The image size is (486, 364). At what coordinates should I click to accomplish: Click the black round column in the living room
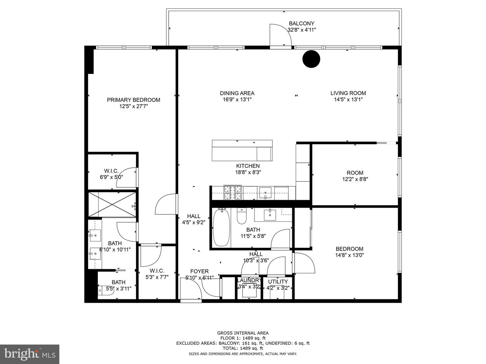point(311,59)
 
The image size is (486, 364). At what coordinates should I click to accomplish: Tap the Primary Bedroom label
point(133,100)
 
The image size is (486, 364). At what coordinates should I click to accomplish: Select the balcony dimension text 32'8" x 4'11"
point(301,30)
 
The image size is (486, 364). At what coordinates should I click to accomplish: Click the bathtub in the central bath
point(221,227)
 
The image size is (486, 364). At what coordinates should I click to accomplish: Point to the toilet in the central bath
point(242,216)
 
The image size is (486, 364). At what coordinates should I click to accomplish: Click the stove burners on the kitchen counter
point(233,193)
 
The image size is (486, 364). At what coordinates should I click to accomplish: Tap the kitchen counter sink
point(266,193)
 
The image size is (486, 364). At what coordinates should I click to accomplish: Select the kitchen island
point(242,150)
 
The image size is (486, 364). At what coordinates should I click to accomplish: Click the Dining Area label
point(237,93)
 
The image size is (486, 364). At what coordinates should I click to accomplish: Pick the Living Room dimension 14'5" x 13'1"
point(348,99)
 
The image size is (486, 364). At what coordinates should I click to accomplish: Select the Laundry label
point(249,280)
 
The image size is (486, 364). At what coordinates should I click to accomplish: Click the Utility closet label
point(278,281)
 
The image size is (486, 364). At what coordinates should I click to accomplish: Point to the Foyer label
point(199,271)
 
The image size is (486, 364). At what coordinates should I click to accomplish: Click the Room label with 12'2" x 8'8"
point(355,173)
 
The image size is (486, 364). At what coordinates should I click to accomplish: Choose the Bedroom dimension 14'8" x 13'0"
point(349,255)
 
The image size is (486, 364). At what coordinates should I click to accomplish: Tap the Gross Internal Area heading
point(243,333)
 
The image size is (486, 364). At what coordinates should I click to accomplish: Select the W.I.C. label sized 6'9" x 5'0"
point(111,171)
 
